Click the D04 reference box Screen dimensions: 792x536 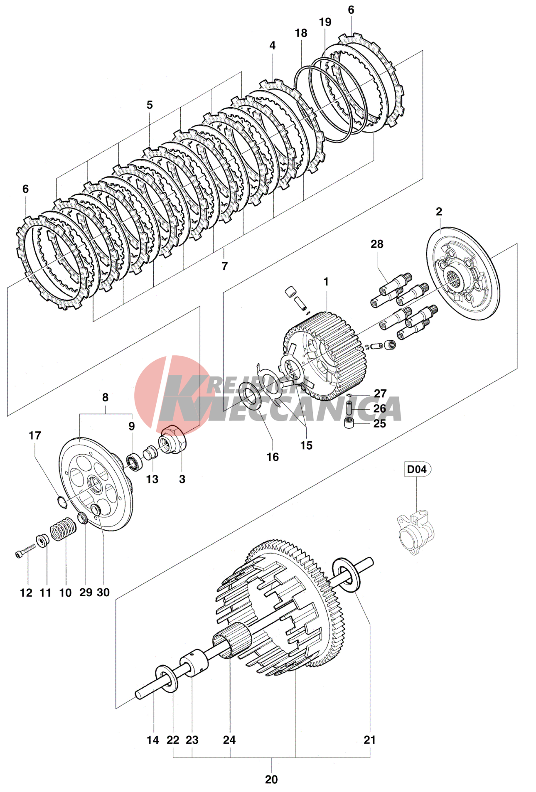click(x=417, y=469)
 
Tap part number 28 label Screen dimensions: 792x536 click(x=377, y=244)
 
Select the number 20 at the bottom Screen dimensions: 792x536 click(x=271, y=780)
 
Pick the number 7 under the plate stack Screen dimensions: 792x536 click(x=225, y=266)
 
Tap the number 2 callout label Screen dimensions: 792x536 click(x=439, y=212)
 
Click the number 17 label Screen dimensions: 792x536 click(x=35, y=435)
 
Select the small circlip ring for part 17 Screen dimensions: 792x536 click(x=62, y=502)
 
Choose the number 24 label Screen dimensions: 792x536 click(x=229, y=740)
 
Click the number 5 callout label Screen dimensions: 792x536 click(x=150, y=105)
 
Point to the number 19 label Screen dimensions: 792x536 click(x=325, y=22)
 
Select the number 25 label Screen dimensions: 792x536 click(x=380, y=423)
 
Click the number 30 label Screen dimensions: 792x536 click(x=103, y=592)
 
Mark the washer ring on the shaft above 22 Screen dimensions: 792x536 click(x=167, y=678)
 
